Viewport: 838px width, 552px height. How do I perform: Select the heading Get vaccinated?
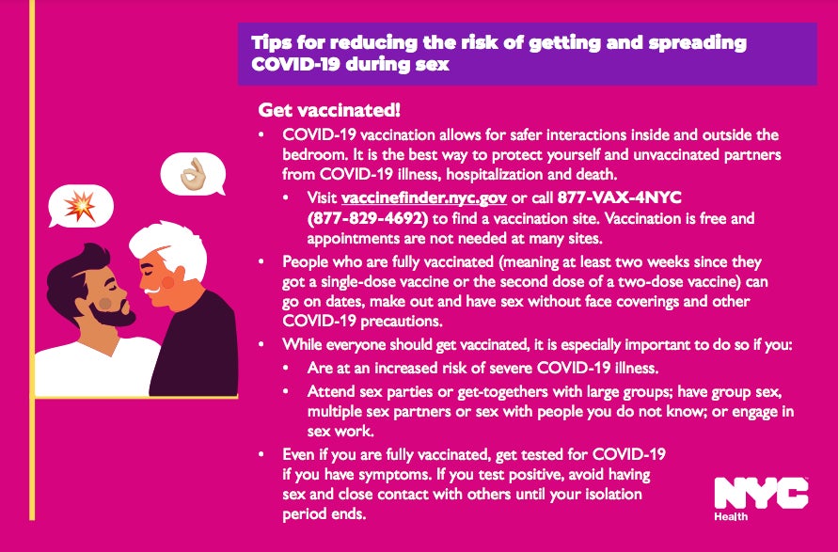(x=317, y=111)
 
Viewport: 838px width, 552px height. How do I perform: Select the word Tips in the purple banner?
(x=271, y=43)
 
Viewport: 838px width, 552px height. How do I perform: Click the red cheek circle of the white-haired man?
(x=168, y=280)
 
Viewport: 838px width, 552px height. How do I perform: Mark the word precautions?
(x=392, y=320)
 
